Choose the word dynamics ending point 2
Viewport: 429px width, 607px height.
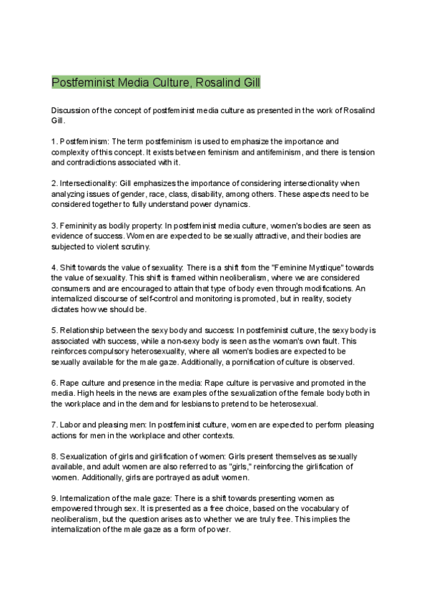tap(227, 204)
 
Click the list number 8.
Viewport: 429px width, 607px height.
tap(54, 456)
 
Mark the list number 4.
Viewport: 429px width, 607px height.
tap(54, 267)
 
